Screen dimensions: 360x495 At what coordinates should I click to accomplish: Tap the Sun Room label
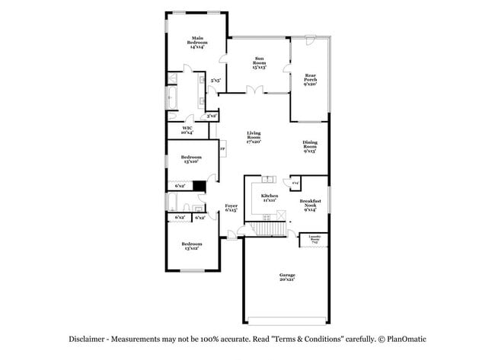click(260, 62)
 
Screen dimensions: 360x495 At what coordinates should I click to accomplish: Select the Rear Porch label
click(311, 78)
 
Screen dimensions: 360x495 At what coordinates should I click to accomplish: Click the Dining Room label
click(310, 145)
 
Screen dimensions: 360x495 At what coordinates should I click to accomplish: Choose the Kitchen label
click(269, 197)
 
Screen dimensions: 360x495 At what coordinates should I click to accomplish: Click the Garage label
click(286, 277)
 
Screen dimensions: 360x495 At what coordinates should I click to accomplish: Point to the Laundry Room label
click(315, 237)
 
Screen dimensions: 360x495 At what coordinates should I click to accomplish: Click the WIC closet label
click(187, 130)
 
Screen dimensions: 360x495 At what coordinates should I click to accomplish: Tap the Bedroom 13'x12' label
click(191, 245)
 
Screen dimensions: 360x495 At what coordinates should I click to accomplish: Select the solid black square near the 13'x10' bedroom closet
click(200, 185)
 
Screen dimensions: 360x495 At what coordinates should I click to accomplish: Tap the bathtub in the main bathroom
click(172, 97)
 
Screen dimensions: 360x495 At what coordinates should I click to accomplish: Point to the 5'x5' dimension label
click(216, 79)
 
